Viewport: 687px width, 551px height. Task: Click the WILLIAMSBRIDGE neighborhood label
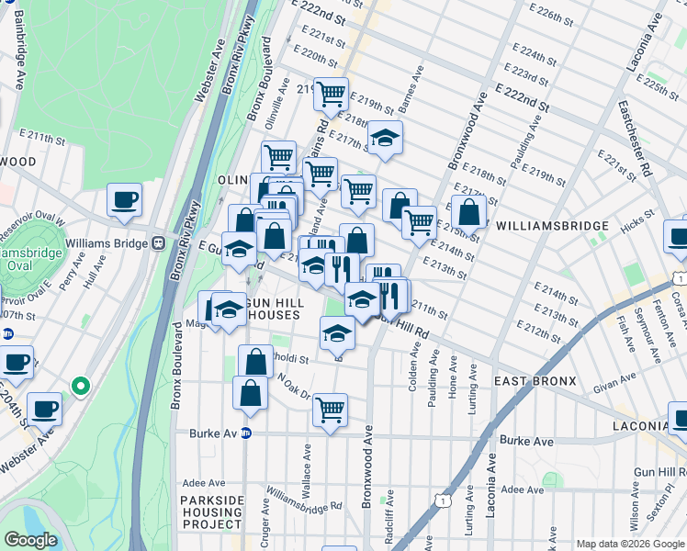point(552,226)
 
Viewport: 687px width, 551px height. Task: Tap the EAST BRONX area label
point(535,381)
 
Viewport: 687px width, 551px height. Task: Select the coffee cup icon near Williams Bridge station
point(124,201)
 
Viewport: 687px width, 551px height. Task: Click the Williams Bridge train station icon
point(158,243)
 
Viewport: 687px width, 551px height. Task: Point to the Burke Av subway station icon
point(246,434)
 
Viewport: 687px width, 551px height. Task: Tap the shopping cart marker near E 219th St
point(331,93)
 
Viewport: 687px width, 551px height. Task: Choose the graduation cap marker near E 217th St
point(385,138)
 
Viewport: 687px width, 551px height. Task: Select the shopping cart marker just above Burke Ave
point(330,409)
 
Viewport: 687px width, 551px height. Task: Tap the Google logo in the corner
point(30,540)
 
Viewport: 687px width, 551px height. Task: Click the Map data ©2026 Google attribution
point(629,544)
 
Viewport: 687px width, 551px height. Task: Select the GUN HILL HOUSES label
point(265,309)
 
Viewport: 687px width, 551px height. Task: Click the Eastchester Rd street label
point(634,138)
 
